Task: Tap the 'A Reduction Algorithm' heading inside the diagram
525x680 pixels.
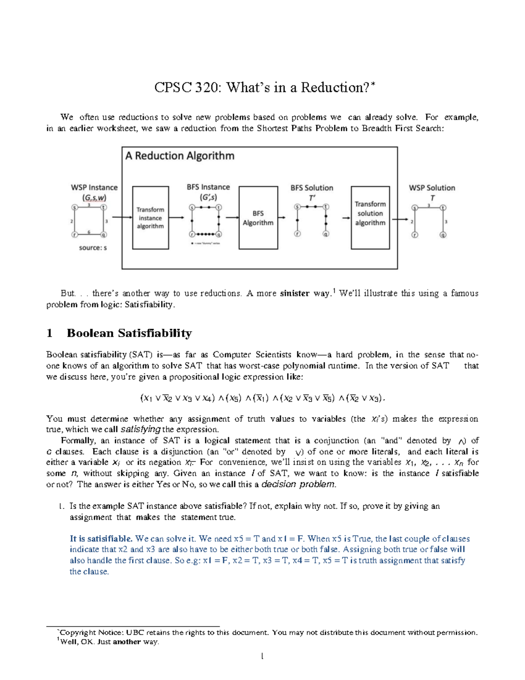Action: click(180, 156)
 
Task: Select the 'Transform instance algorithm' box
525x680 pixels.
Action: click(150, 218)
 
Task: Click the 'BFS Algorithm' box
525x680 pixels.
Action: click(258, 218)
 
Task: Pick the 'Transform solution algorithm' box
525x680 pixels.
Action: click(370, 214)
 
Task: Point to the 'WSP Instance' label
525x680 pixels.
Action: click(94, 187)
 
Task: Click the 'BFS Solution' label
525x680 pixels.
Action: click(312, 188)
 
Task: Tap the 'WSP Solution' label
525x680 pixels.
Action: click(432, 188)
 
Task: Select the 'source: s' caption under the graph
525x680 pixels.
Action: click(93, 248)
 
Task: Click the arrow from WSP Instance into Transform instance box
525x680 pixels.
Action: click(122, 217)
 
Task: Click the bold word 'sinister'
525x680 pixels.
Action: click(294, 293)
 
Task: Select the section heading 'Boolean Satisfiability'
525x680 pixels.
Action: click(129, 333)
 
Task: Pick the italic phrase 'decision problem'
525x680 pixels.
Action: click(298, 484)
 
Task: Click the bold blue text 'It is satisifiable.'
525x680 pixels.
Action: click(101, 539)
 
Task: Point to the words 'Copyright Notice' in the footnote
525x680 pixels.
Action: click(92, 632)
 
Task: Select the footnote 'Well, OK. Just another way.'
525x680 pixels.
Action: click(109, 642)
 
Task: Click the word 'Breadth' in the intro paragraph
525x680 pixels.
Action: click(377, 128)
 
